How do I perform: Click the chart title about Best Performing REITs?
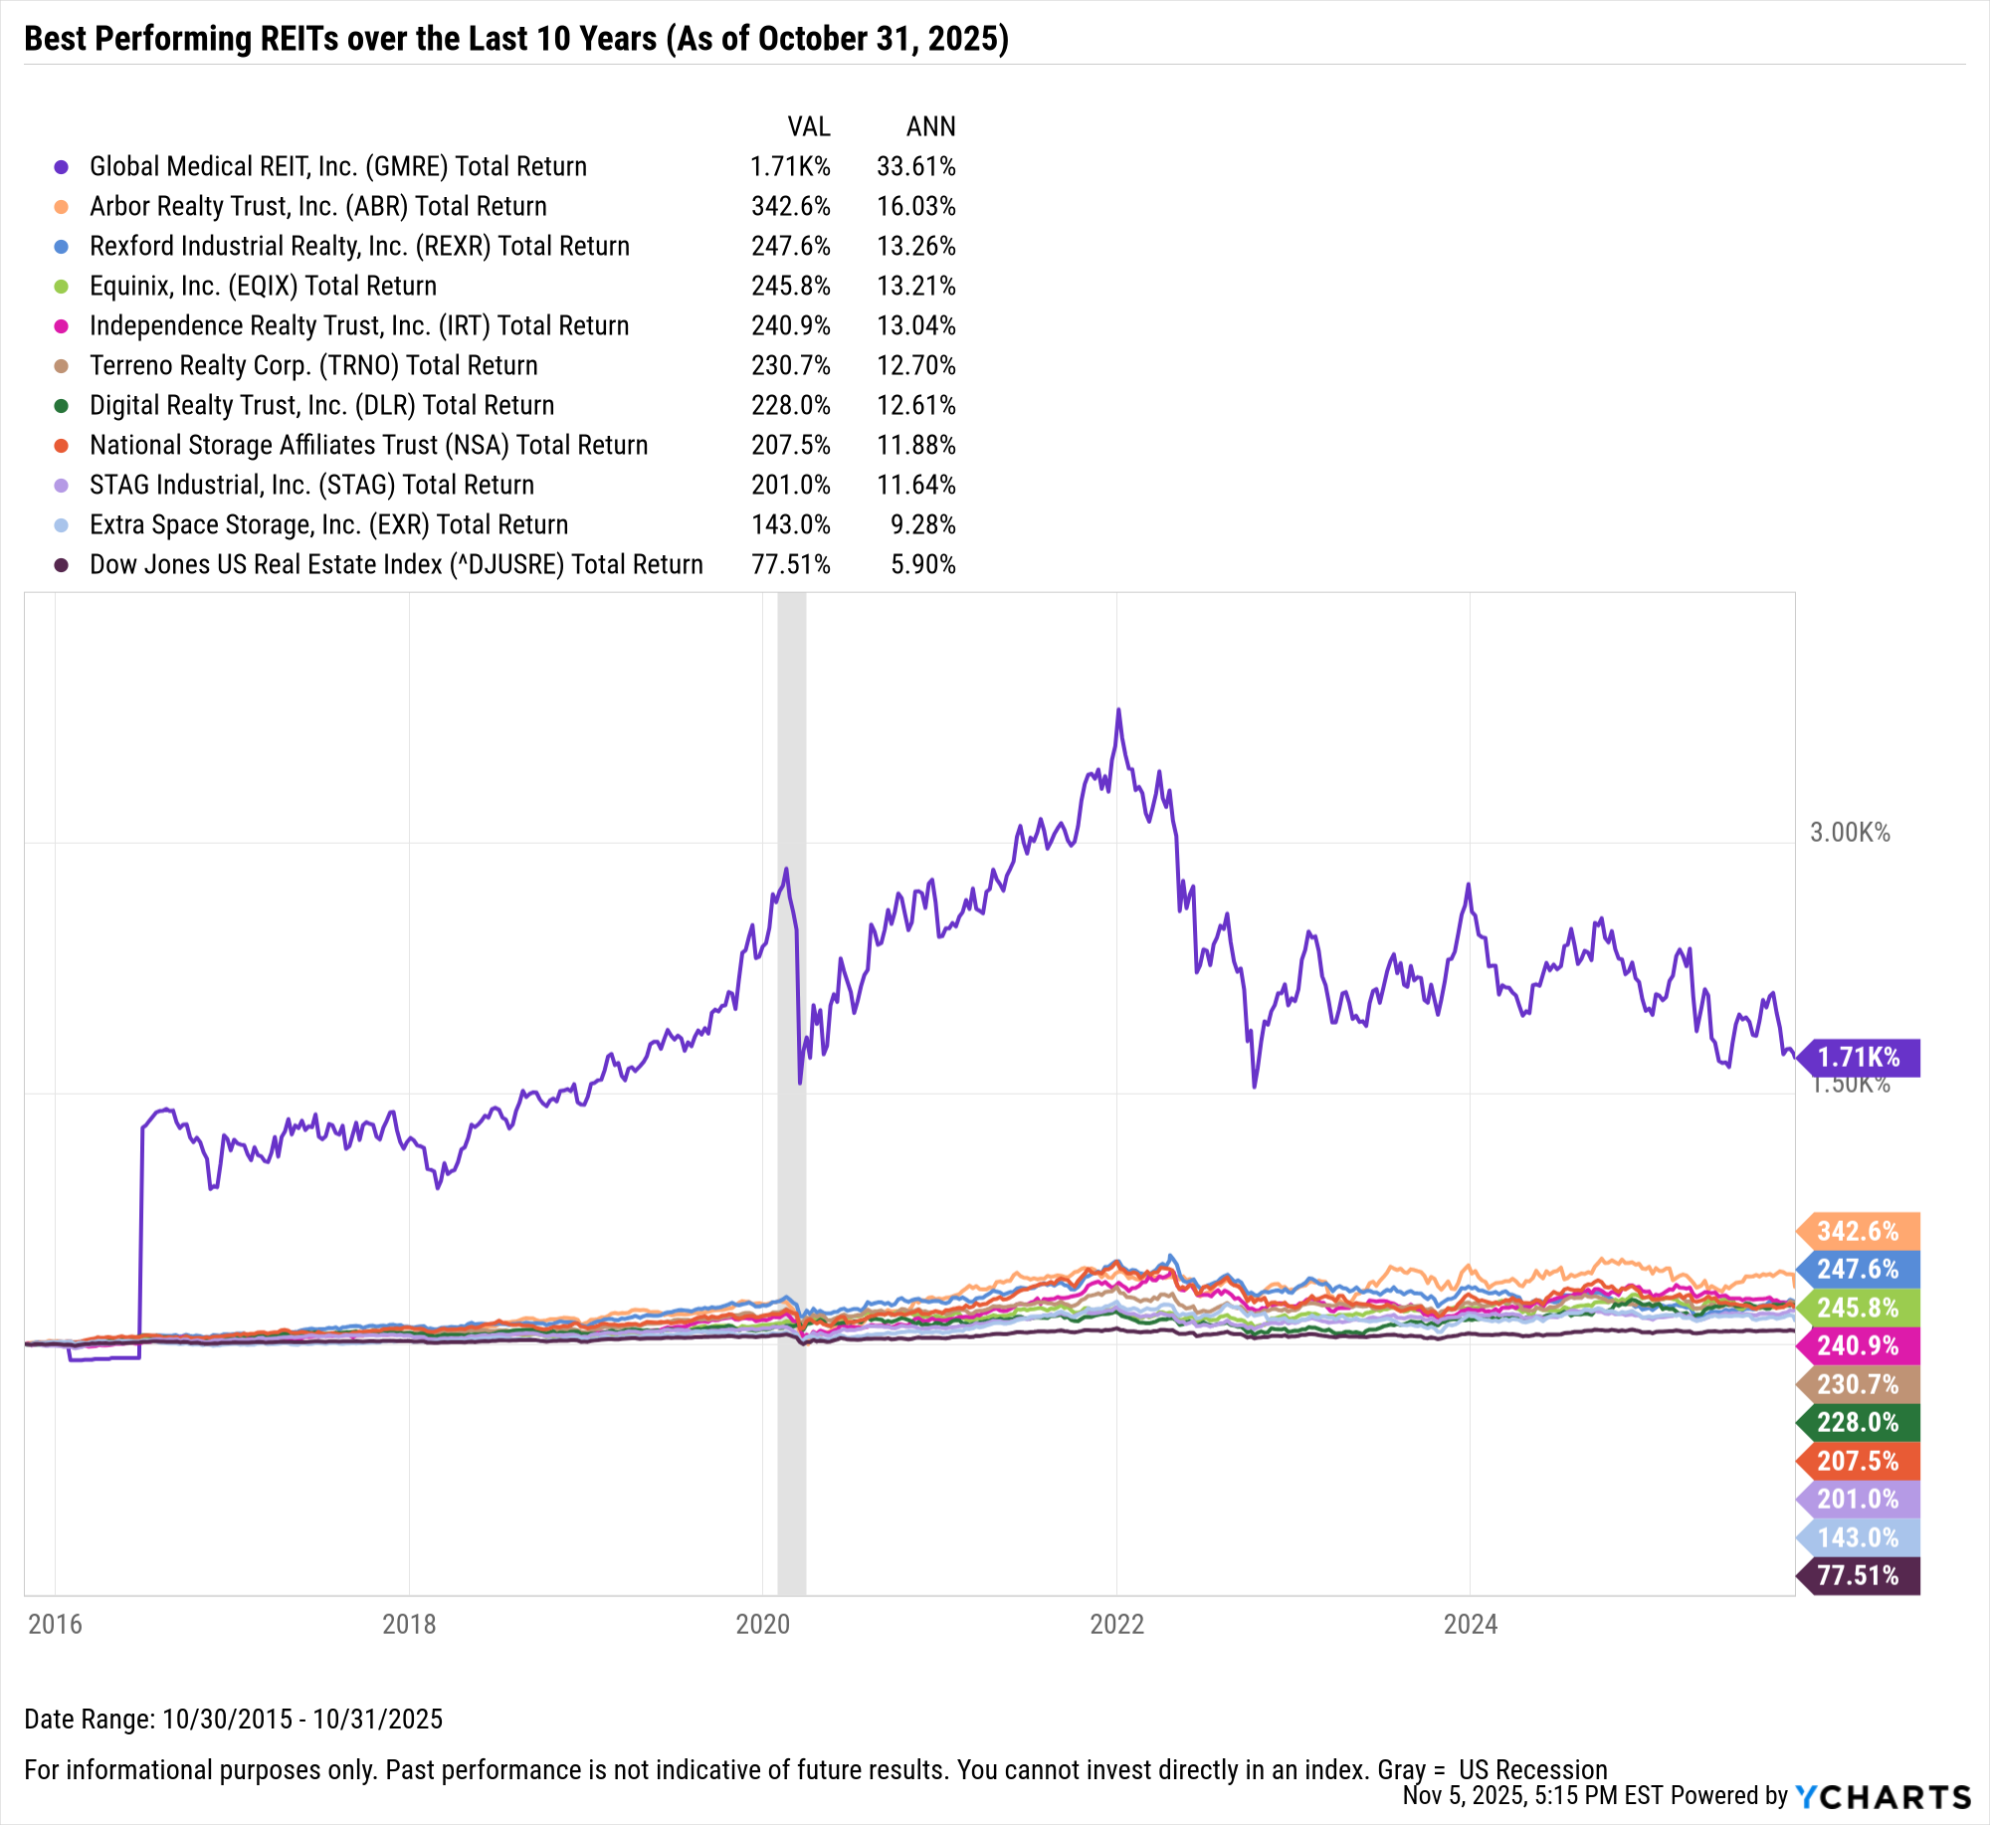point(515,39)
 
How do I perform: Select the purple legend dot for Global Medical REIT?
point(62,167)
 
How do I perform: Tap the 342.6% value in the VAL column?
point(790,206)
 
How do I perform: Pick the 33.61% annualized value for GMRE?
point(915,166)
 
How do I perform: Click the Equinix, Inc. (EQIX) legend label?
point(263,286)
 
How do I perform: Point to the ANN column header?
point(930,126)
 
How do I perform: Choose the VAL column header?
point(808,126)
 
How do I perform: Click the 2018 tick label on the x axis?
point(409,1624)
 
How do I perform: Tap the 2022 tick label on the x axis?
point(1116,1624)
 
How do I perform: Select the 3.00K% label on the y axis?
point(1849,832)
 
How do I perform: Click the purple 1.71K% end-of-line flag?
point(1858,1057)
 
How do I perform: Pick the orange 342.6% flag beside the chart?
point(1858,1231)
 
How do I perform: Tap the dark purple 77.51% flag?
point(1858,1575)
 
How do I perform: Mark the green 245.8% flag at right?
point(1858,1308)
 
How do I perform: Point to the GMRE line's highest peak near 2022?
point(1118,710)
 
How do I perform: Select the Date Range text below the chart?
point(233,1719)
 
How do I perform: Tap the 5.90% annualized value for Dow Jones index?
point(922,564)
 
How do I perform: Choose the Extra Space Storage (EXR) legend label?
point(328,524)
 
